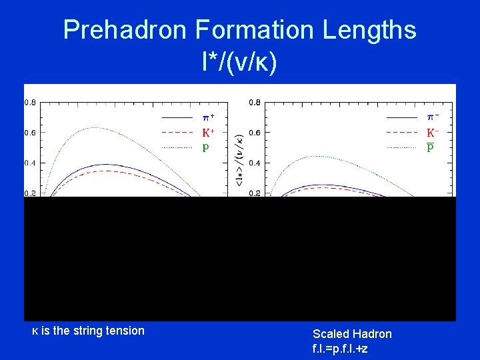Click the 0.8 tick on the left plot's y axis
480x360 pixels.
tap(31, 103)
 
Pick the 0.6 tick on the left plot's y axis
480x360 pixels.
tap(31, 133)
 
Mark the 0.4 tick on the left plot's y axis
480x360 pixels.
tap(31, 163)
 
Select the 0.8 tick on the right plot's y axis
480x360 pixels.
tap(254, 103)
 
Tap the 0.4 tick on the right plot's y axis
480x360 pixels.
tap(254, 163)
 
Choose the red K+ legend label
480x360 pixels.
tap(208, 133)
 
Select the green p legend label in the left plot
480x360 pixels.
tap(205, 147)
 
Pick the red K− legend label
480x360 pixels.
tap(432, 133)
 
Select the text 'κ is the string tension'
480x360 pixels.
tap(88, 331)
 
